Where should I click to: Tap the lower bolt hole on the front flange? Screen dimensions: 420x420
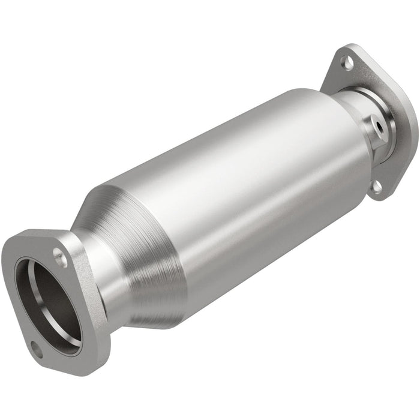coord(37,350)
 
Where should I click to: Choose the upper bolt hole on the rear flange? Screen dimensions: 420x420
coord(347,61)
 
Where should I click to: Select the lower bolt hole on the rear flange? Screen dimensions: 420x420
coord(377,187)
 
